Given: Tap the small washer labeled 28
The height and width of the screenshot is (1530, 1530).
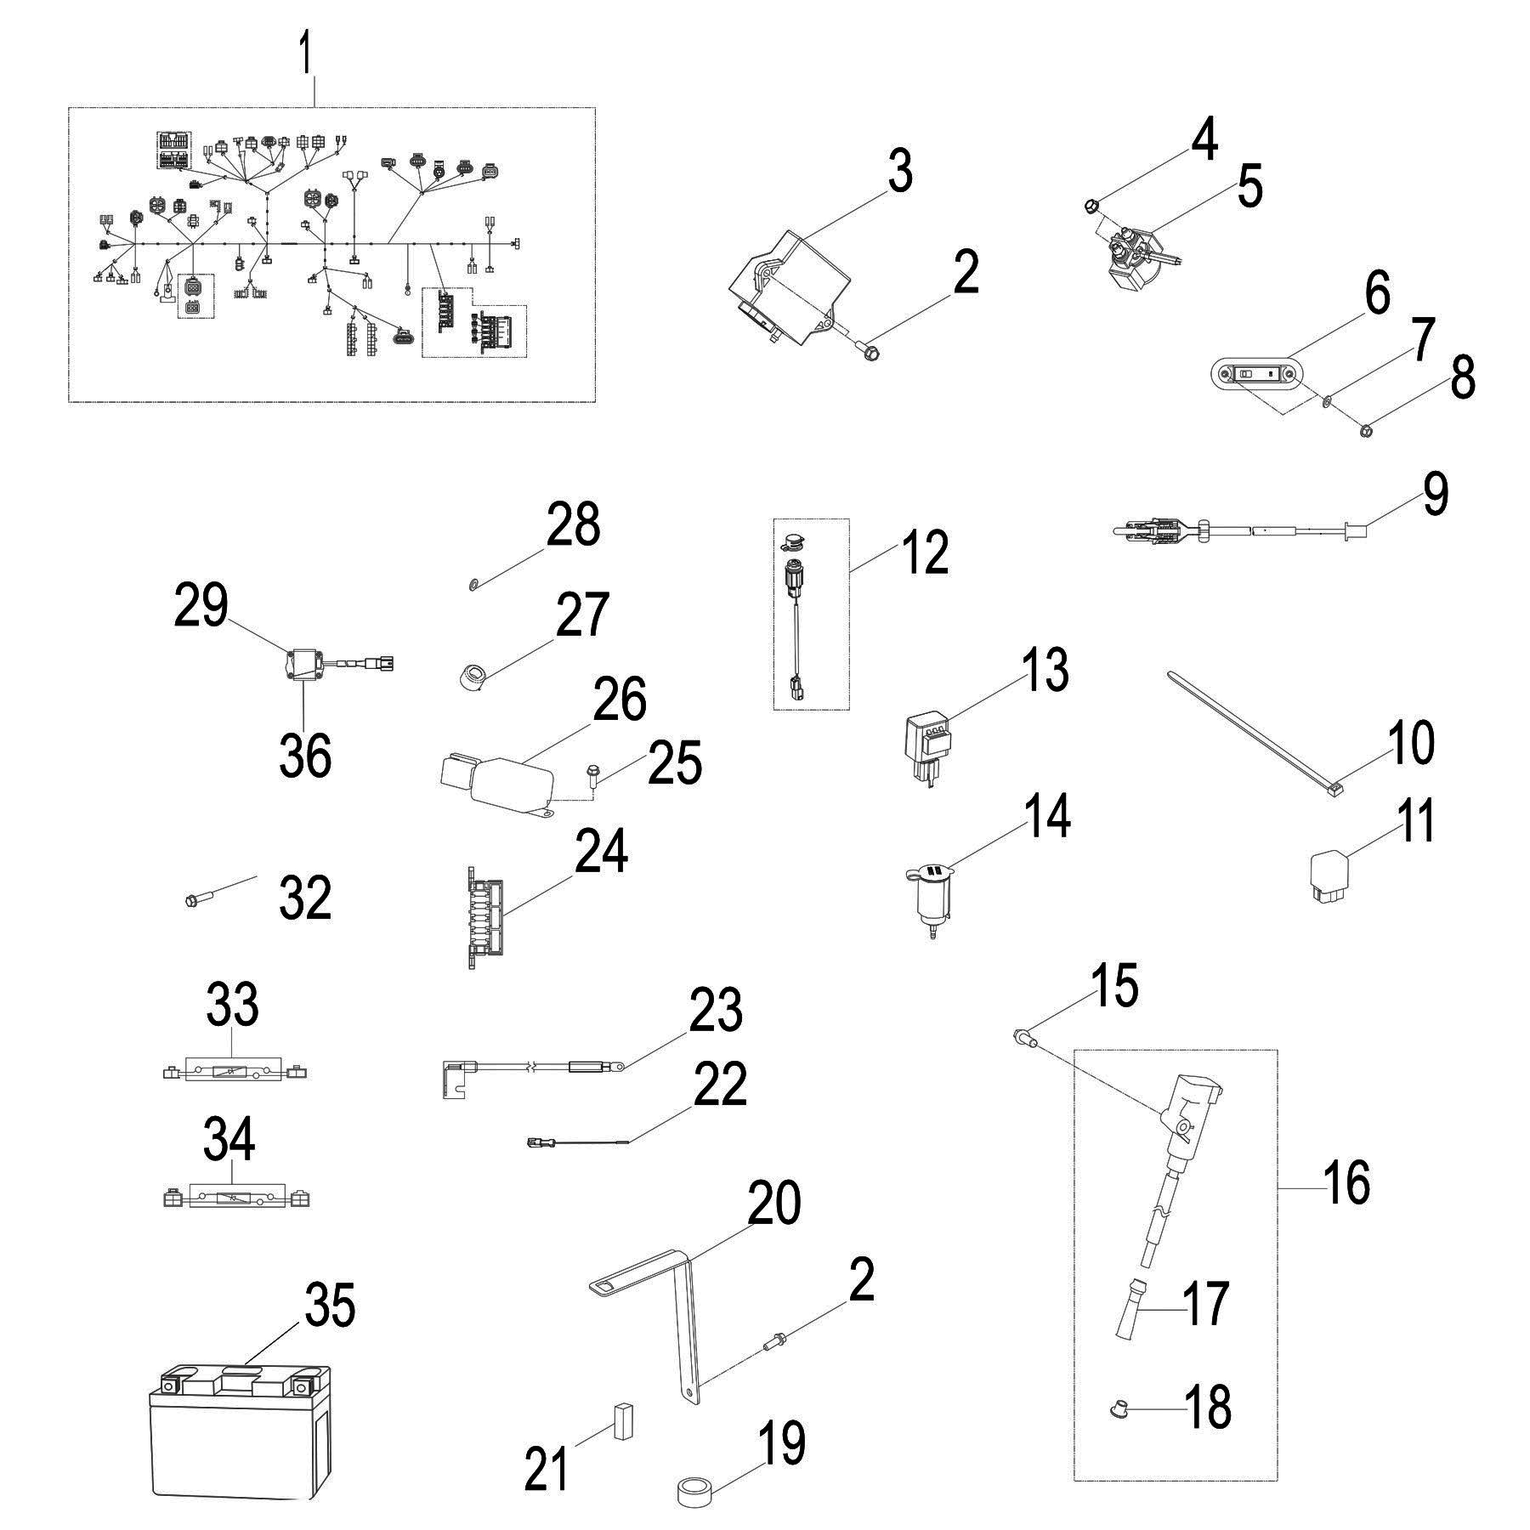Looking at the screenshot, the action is (473, 583).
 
